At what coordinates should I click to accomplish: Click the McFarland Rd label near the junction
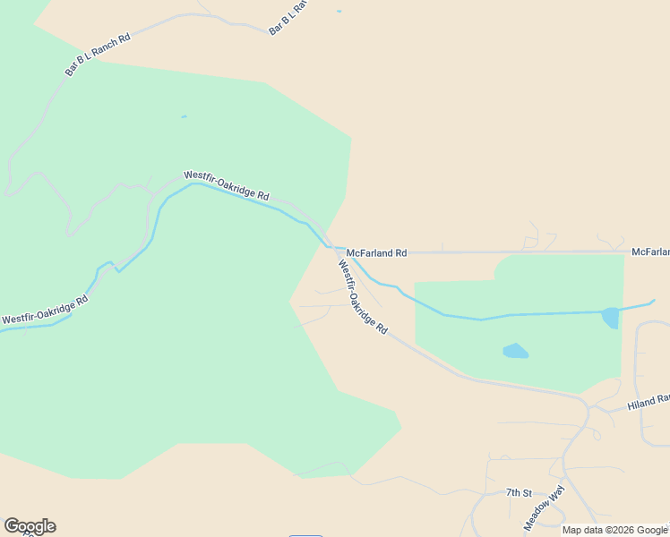coord(376,253)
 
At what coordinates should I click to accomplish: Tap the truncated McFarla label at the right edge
coord(650,252)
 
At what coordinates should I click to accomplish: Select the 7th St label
coord(519,493)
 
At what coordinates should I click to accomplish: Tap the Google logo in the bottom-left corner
coord(30,526)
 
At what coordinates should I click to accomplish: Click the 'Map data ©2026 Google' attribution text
coord(614,530)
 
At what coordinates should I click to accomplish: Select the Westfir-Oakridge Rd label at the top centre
coord(227,185)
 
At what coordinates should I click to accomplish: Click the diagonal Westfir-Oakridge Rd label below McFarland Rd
coord(363,297)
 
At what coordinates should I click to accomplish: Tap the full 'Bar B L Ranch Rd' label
coord(98,55)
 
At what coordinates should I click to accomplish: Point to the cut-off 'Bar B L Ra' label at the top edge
coord(288,17)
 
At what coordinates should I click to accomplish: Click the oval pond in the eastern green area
coord(515,351)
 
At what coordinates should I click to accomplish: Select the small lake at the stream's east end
coord(610,318)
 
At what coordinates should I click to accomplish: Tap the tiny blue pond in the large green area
coord(184,116)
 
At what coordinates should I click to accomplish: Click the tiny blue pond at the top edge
coord(339,12)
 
